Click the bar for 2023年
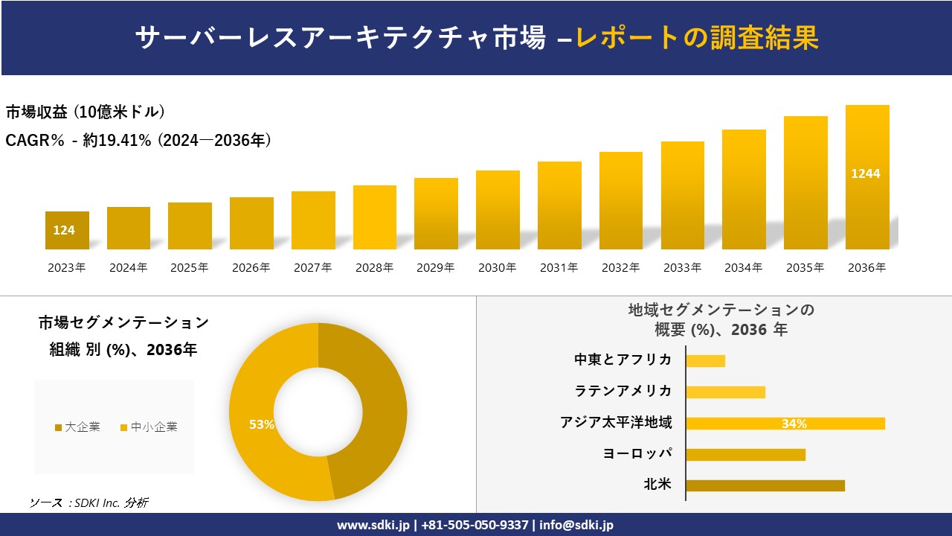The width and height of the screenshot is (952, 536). [x=67, y=231]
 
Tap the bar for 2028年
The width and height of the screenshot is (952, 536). [x=375, y=217]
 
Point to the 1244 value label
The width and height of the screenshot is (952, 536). [x=866, y=173]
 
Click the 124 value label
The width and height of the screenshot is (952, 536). [x=64, y=231]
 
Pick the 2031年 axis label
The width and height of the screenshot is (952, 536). [x=559, y=268]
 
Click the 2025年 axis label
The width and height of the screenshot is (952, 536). [x=190, y=268]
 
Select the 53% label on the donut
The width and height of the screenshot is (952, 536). [x=262, y=424]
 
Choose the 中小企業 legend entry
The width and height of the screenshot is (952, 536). [x=149, y=427]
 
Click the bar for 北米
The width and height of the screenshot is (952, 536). [x=765, y=485]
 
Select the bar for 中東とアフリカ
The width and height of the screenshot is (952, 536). [x=705, y=361]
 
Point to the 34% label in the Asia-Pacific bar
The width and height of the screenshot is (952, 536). [x=794, y=424]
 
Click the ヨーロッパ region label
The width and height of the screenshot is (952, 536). [x=637, y=454]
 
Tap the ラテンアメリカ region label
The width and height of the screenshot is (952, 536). [x=623, y=392]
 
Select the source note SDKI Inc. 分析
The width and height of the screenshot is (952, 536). [x=89, y=503]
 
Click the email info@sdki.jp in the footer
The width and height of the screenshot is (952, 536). [x=576, y=525]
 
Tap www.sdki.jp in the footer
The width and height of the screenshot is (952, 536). [x=373, y=525]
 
